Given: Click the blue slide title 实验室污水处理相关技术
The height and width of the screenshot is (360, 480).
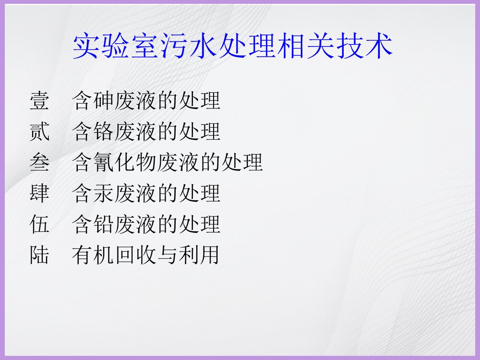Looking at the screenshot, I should [233, 47].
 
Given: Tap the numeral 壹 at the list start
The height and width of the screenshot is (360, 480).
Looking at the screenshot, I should [39, 101].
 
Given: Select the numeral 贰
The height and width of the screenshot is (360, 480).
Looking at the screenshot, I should [39, 132].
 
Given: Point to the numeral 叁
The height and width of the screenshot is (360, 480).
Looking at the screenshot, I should [39, 162].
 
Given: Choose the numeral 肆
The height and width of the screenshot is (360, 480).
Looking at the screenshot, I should [39, 193].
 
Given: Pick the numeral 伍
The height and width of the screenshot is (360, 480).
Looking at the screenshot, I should [39, 224].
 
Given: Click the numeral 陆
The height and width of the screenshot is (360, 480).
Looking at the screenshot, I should [39, 254].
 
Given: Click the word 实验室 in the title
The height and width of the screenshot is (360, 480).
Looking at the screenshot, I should [121, 47].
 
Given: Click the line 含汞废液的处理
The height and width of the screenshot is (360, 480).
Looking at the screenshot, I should [146, 193].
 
